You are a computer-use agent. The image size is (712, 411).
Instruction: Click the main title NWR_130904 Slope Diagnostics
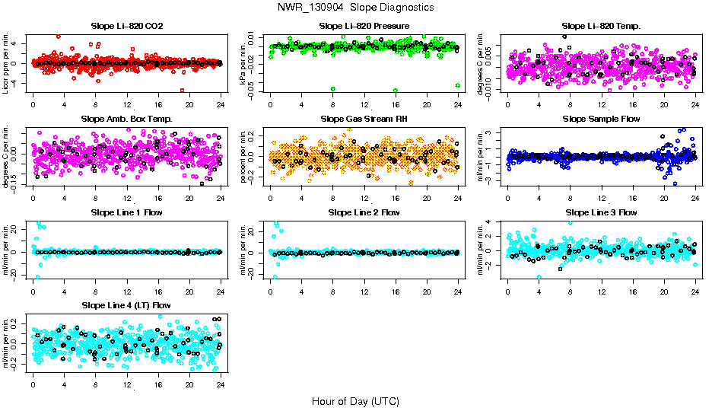(356, 7)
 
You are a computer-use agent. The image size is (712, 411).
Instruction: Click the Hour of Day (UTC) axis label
(355, 400)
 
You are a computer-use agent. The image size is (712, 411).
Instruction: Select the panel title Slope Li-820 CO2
(126, 27)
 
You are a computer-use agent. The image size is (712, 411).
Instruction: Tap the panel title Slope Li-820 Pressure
(364, 27)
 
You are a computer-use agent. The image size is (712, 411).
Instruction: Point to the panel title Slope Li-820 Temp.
(601, 27)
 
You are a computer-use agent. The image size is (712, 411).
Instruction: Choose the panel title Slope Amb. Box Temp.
(126, 119)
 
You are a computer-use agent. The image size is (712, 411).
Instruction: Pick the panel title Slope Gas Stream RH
(364, 119)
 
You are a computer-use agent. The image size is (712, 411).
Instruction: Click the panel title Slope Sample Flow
(601, 119)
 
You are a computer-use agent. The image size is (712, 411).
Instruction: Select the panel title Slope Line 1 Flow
(126, 212)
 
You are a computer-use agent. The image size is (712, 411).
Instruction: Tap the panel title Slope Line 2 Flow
(364, 212)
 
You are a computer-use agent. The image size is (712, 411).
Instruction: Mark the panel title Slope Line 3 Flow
(601, 212)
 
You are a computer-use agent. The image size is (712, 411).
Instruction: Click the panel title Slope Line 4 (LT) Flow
(126, 306)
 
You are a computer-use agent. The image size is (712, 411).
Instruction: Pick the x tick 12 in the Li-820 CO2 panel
(127, 105)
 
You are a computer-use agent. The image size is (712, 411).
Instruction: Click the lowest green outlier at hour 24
(458, 85)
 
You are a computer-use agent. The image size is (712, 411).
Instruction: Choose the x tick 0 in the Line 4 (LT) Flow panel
(33, 384)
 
